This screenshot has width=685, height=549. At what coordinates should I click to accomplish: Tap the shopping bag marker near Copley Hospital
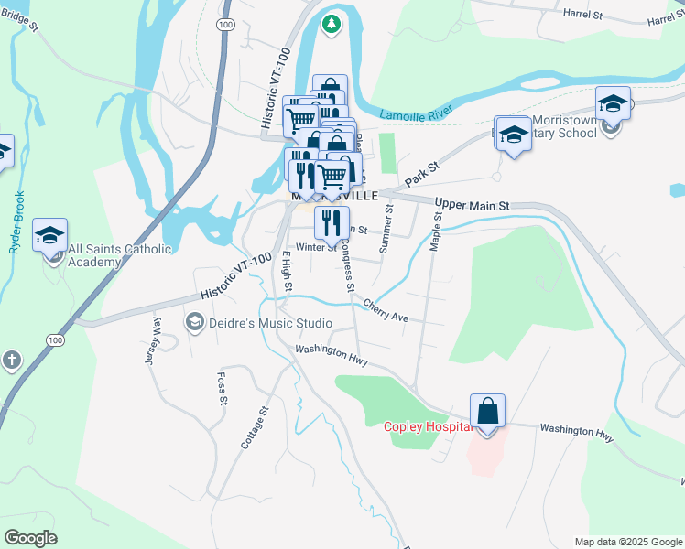coord(488,412)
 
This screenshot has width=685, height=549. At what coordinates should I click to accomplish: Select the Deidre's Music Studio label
coord(257,323)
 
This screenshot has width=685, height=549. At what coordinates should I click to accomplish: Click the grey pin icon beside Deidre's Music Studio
coord(193,322)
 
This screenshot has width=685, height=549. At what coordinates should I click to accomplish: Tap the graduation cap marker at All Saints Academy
coord(49,236)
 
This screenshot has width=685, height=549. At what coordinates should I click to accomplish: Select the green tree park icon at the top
coord(332,25)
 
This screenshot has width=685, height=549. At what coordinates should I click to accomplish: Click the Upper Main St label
coord(472,206)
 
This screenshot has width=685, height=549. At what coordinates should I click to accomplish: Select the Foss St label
coord(221,388)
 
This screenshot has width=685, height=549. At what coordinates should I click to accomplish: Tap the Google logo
coord(30,538)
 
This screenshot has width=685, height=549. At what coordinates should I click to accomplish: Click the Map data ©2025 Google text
coord(628,542)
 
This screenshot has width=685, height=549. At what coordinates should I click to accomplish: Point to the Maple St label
coord(437,234)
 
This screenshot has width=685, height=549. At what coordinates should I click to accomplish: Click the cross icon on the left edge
coord(11,360)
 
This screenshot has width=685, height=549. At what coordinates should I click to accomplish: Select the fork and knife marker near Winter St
coord(332,222)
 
